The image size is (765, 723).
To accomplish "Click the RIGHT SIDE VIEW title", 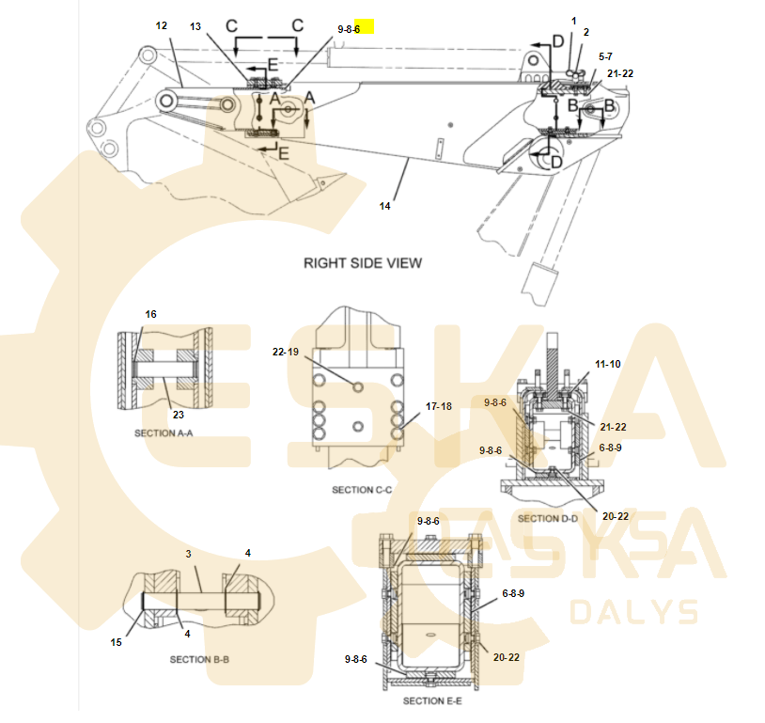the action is [x=363, y=263].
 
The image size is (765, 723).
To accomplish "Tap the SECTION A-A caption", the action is [x=164, y=433].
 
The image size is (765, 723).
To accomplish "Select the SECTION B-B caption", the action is [x=199, y=659].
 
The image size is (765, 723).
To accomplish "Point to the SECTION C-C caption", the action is [x=362, y=490].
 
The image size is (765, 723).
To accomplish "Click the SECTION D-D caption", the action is [x=547, y=518].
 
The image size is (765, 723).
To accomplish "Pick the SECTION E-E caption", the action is [x=432, y=701].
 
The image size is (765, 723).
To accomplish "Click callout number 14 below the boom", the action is [x=385, y=206].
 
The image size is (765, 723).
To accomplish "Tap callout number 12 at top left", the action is [x=162, y=25].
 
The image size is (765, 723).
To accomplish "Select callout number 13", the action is [x=195, y=26].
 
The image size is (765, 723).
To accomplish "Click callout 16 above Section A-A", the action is [x=150, y=314].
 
